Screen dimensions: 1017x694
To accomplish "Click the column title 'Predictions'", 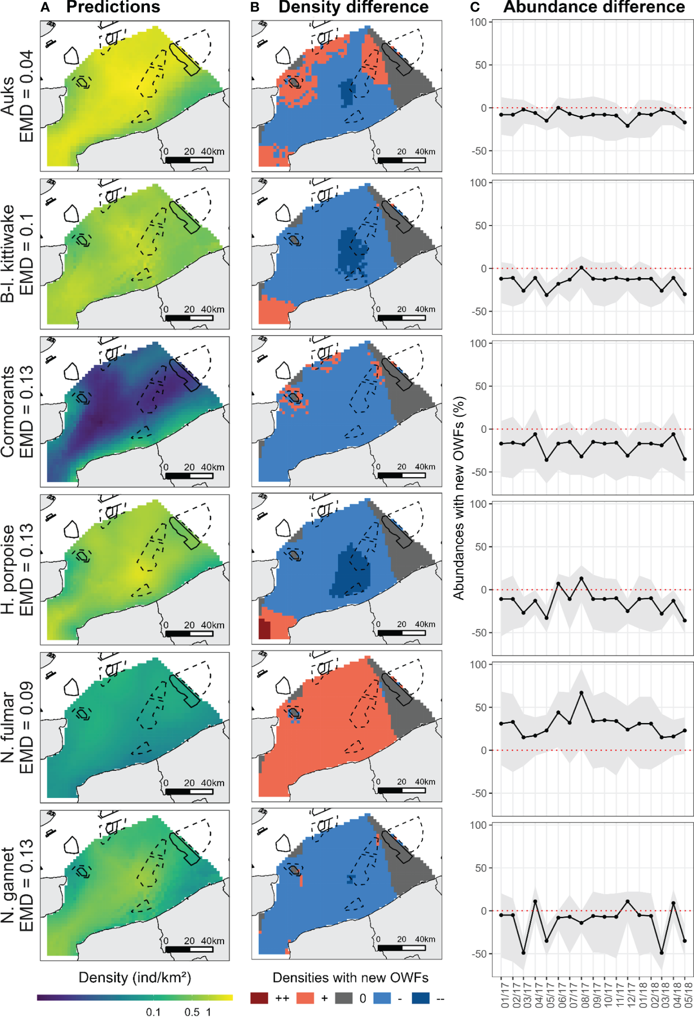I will [x=113, y=7].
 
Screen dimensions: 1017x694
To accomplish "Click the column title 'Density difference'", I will [x=353, y=7].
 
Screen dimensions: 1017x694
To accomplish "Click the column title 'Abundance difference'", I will [x=594, y=7].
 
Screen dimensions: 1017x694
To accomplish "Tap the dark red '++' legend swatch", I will [x=259, y=998].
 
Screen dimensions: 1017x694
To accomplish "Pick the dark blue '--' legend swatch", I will [x=421, y=998].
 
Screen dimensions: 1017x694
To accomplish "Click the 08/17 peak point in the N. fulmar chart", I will [x=581, y=693].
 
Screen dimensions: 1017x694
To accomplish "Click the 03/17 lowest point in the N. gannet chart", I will [x=524, y=953].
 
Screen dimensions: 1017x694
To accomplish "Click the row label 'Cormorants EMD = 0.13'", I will [x=17, y=411].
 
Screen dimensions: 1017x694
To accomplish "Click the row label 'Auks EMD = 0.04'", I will [x=17, y=96].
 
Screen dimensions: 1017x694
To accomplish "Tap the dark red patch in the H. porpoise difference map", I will [x=264, y=629].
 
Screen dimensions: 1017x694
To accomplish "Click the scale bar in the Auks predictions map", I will [x=189, y=160].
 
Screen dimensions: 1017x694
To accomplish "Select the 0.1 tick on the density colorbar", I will [x=153, y=1011].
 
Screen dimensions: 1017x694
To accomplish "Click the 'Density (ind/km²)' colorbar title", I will [x=135, y=977].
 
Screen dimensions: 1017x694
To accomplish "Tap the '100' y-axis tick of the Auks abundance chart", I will [x=478, y=22].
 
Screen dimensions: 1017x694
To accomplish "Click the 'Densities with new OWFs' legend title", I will [x=350, y=977].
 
